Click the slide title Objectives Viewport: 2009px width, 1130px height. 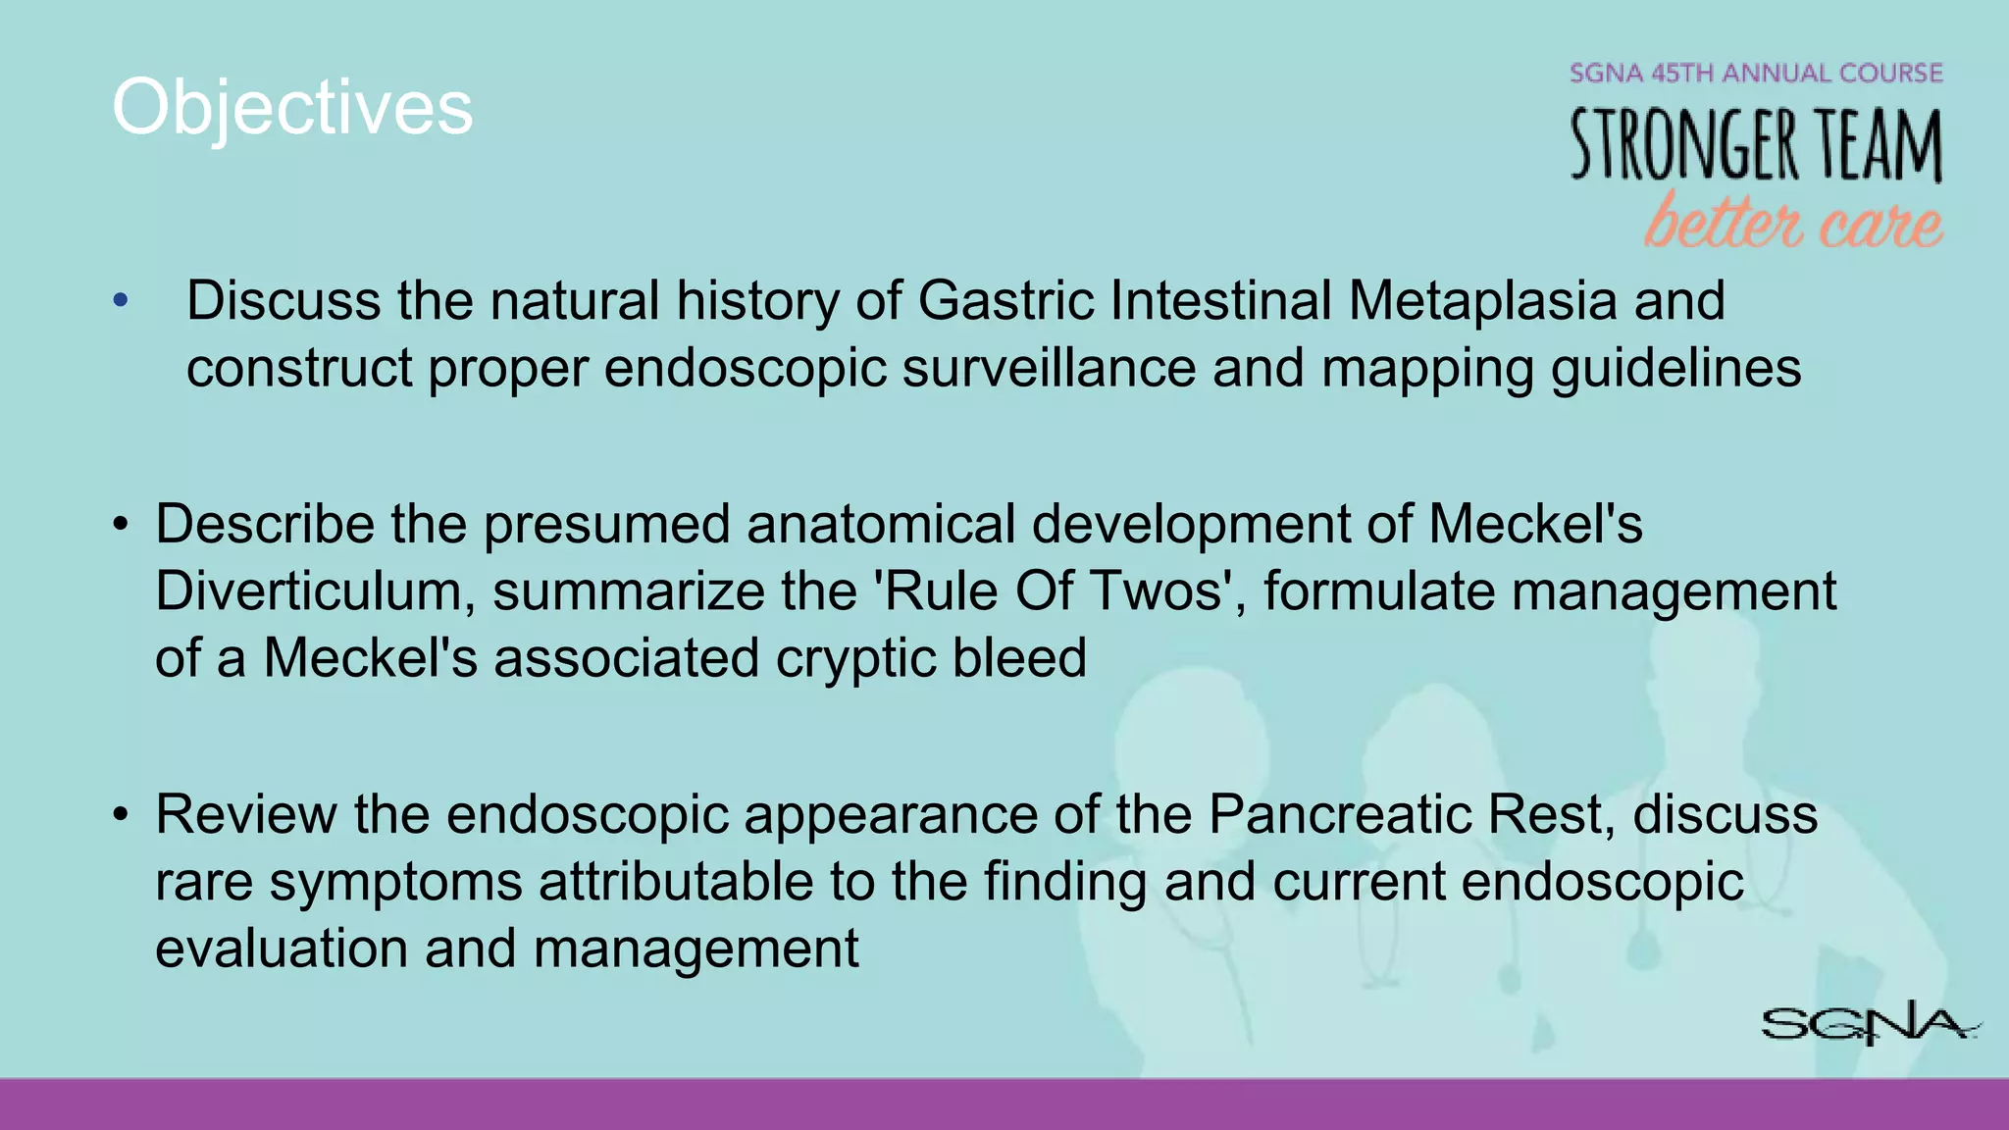(292, 108)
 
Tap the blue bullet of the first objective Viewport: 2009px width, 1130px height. (121, 300)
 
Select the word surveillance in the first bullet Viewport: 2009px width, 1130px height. (1048, 369)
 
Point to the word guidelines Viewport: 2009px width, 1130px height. (1675, 369)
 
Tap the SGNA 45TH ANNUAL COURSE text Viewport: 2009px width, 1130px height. (1756, 74)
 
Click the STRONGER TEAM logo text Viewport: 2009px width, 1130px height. (1756, 145)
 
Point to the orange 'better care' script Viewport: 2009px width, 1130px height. (1793, 222)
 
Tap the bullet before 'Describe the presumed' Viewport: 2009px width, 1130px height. (121, 525)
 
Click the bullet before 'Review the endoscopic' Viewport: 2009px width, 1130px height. (121, 815)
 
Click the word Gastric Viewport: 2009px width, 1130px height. (1005, 300)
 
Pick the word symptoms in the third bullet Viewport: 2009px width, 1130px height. (395, 881)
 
